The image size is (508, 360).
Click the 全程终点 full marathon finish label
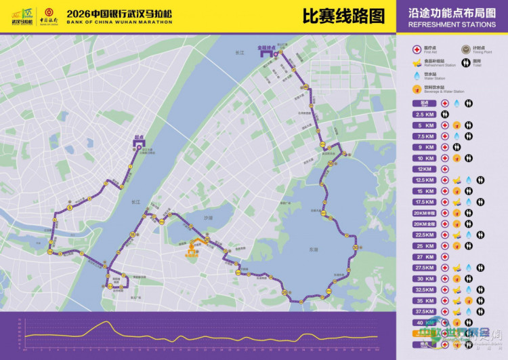pyautogui.click(x=269, y=48)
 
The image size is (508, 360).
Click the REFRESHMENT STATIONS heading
pyautogui.click(x=452, y=24)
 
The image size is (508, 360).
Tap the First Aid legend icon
pyautogui.click(x=417, y=49)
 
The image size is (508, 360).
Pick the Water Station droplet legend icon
pyautogui.click(x=417, y=75)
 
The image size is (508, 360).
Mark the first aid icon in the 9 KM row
pyautogui.click(x=445, y=147)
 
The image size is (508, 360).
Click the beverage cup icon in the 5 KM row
pyautogui.click(x=457, y=125)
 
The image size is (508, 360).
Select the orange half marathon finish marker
pyautogui.click(x=192, y=246)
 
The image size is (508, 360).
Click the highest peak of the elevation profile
pyautogui.click(x=107, y=322)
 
